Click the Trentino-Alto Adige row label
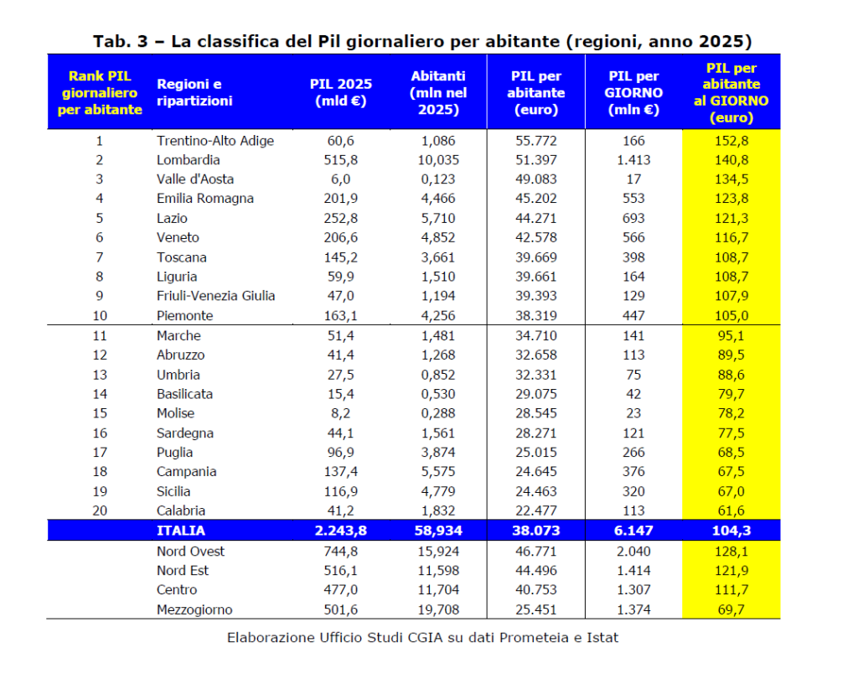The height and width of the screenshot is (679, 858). (214, 141)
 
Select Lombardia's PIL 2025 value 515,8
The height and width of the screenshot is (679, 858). (341, 160)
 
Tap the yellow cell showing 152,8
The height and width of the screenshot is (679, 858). (731, 141)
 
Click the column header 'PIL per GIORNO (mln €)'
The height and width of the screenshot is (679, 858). (634, 92)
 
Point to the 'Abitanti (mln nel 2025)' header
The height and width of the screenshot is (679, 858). (438, 92)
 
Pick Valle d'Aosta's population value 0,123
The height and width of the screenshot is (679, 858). (438, 179)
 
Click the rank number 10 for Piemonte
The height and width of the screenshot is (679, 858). (100, 316)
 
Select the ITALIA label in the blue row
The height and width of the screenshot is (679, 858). (180, 531)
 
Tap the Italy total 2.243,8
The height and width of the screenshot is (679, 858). (340, 531)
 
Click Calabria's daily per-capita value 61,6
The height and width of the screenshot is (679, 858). (731, 511)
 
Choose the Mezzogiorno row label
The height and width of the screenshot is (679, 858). (194, 609)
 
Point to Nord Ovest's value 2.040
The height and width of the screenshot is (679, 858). (633, 552)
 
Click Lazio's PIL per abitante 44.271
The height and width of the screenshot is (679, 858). (536, 218)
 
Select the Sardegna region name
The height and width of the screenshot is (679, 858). (184, 433)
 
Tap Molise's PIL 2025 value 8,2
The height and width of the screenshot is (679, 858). (341, 413)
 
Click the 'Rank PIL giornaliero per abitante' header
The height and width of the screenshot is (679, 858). (100, 92)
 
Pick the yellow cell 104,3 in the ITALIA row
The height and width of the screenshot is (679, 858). (731, 531)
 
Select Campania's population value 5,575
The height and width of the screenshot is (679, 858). (438, 472)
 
